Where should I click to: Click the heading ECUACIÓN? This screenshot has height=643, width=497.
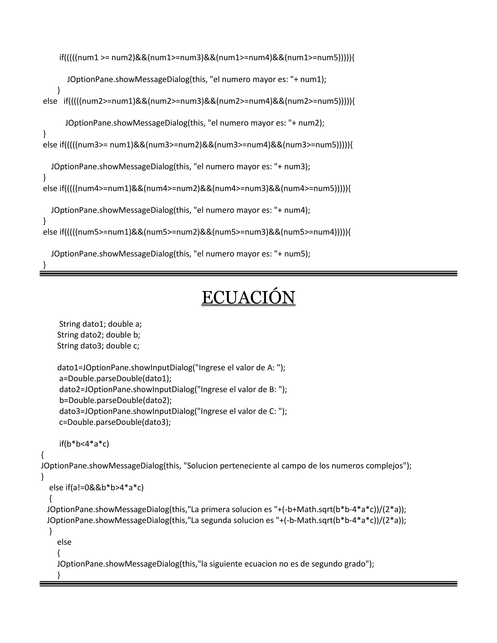point(248,298)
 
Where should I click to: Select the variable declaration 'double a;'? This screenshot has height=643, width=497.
point(125,324)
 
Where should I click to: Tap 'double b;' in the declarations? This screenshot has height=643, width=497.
point(123,335)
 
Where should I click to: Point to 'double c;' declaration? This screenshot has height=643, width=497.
point(123,346)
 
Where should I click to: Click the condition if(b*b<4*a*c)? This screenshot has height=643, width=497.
point(84,444)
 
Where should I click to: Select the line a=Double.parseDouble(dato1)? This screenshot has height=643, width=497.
point(115,378)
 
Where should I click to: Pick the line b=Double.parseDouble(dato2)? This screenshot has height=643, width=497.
point(116,400)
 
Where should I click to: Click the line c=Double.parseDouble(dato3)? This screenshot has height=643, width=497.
point(115,422)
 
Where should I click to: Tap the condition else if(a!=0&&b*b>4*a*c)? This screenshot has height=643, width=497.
point(96,487)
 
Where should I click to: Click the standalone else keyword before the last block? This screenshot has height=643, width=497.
point(64,542)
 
